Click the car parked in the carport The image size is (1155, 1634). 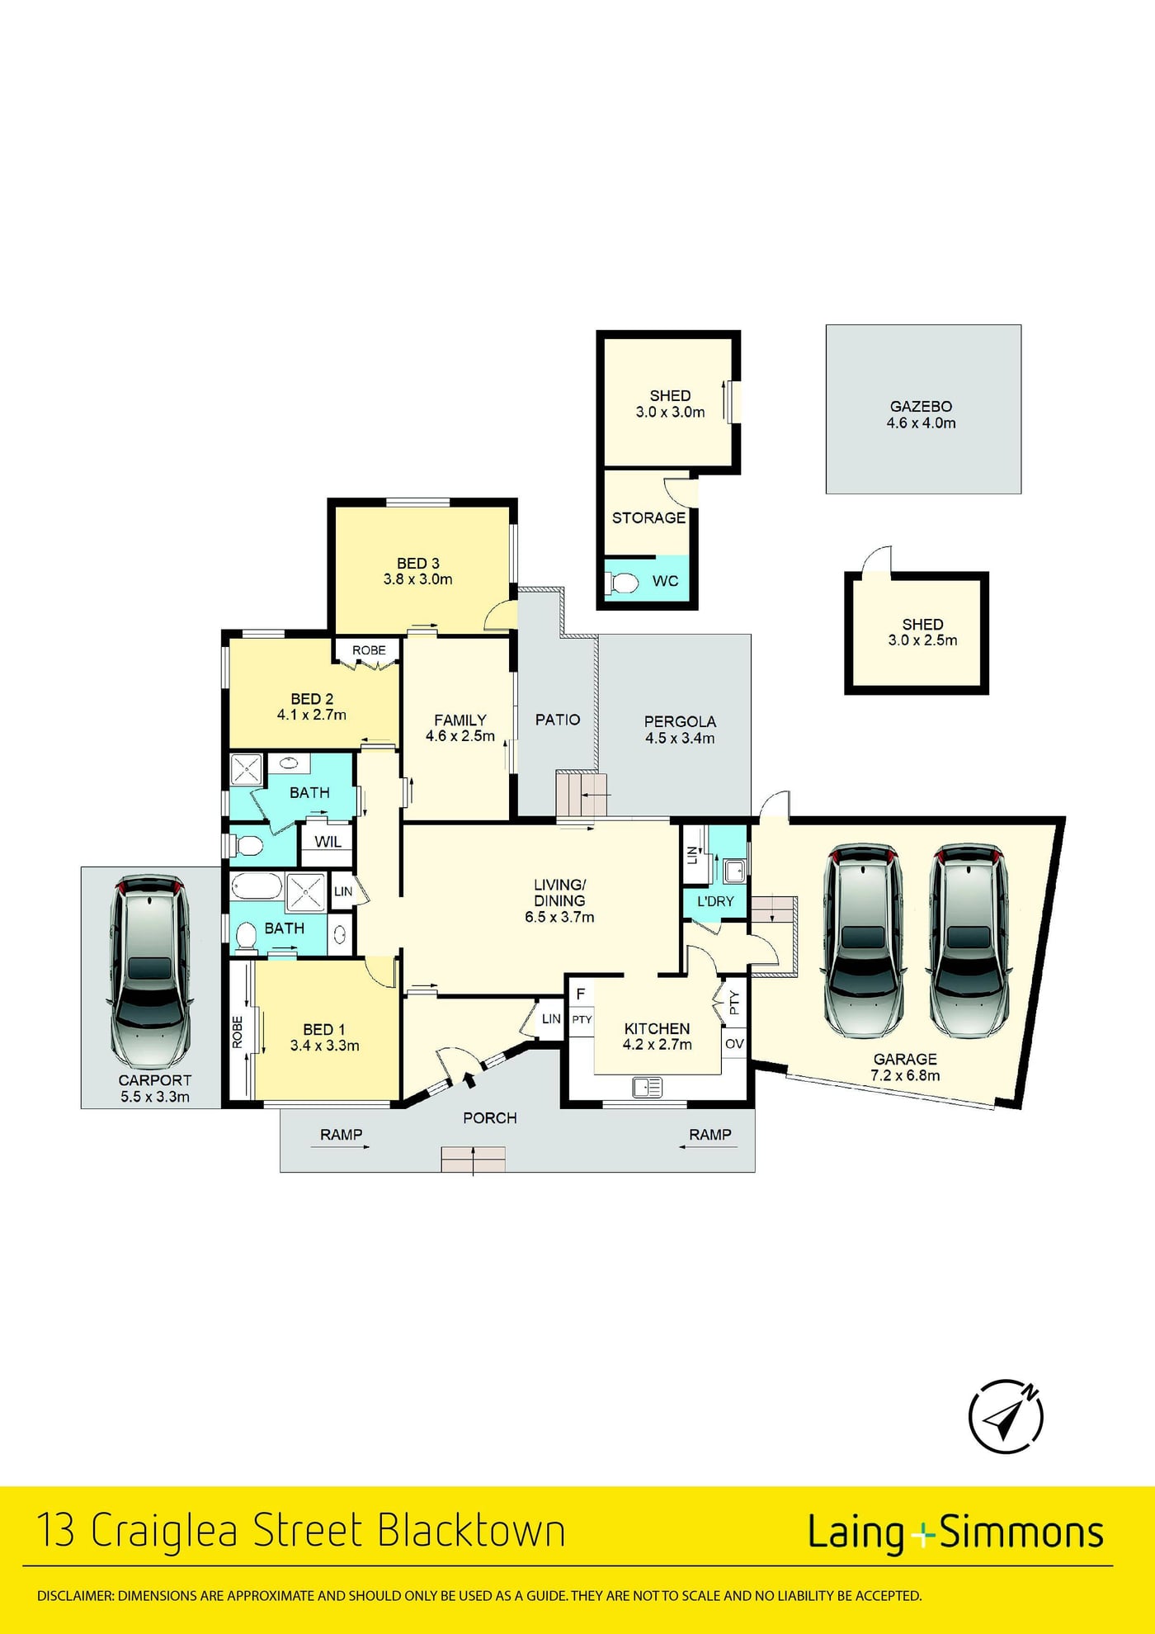[150, 972]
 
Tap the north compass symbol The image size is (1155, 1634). [1006, 1416]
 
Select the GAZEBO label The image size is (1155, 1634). [921, 406]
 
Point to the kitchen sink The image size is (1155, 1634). [648, 1087]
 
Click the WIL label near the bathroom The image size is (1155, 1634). [328, 842]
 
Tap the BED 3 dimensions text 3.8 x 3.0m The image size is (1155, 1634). [417, 579]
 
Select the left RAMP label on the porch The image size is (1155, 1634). [341, 1135]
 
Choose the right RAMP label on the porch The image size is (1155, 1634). [710, 1135]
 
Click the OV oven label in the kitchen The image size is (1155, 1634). [734, 1044]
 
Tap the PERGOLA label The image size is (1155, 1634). [680, 721]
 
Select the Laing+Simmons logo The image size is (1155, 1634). [955, 1532]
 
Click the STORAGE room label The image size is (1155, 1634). [648, 517]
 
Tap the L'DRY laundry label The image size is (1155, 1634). [715, 901]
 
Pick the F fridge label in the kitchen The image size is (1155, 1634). [581, 994]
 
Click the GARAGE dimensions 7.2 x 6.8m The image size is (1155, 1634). [905, 1075]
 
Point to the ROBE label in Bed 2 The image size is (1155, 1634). [369, 650]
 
